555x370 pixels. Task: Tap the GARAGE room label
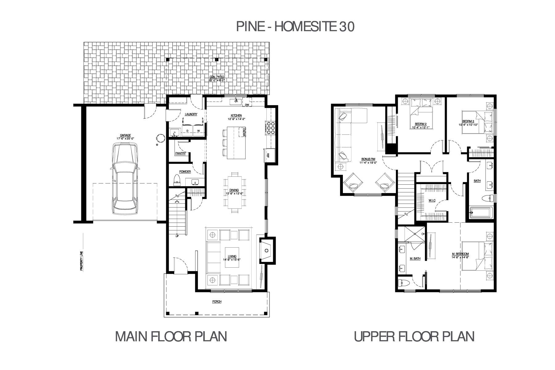pyautogui.click(x=125, y=136)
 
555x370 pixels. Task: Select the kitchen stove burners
pyautogui.click(x=271, y=128)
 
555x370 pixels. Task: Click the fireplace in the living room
pyautogui.click(x=266, y=250)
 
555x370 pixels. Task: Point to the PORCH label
pyautogui.click(x=217, y=302)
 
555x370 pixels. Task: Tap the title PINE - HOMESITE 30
pyautogui.click(x=295, y=27)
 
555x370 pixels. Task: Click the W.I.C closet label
pyautogui.click(x=432, y=201)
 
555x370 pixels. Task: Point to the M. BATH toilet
pyautogui.click(x=404, y=283)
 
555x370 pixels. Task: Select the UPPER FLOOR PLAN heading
pyautogui.click(x=414, y=336)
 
